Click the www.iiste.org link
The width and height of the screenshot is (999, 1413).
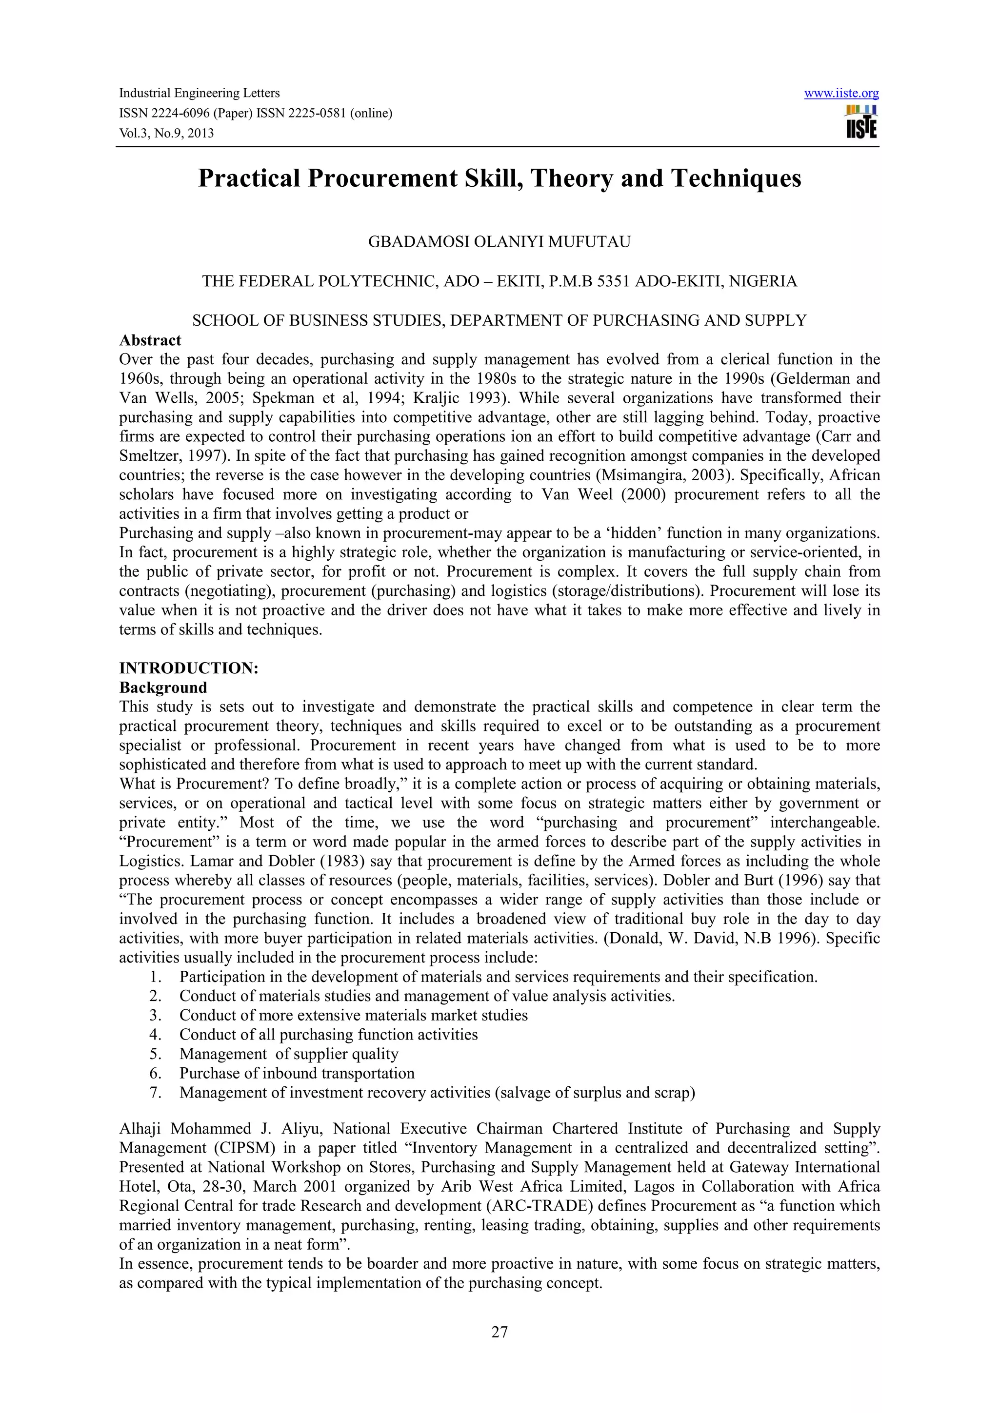pyautogui.click(x=841, y=94)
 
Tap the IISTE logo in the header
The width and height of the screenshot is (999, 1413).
pyautogui.click(x=861, y=122)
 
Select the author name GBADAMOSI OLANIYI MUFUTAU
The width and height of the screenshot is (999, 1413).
pyautogui.click(x=499, y=242)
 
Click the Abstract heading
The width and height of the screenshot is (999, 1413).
pyautogui.click(x=150, y=340)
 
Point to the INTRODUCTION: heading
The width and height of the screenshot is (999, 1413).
pyautogui.click(x=188, y=668)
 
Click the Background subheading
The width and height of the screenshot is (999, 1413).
pyautogui.click(x=163, y=687)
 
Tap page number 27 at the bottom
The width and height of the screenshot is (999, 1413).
pyautogui.click(x=499, y=1331)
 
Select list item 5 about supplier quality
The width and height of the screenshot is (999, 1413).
pyautogui.click(x=289, y=1054)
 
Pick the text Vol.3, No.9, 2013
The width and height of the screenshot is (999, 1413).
pyautogui.click(x=166, y=133)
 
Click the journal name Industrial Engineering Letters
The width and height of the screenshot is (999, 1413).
pyautogui.click(x=199, y=94)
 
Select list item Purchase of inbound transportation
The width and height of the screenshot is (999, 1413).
pyautogui.click(x=297, y=1073)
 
